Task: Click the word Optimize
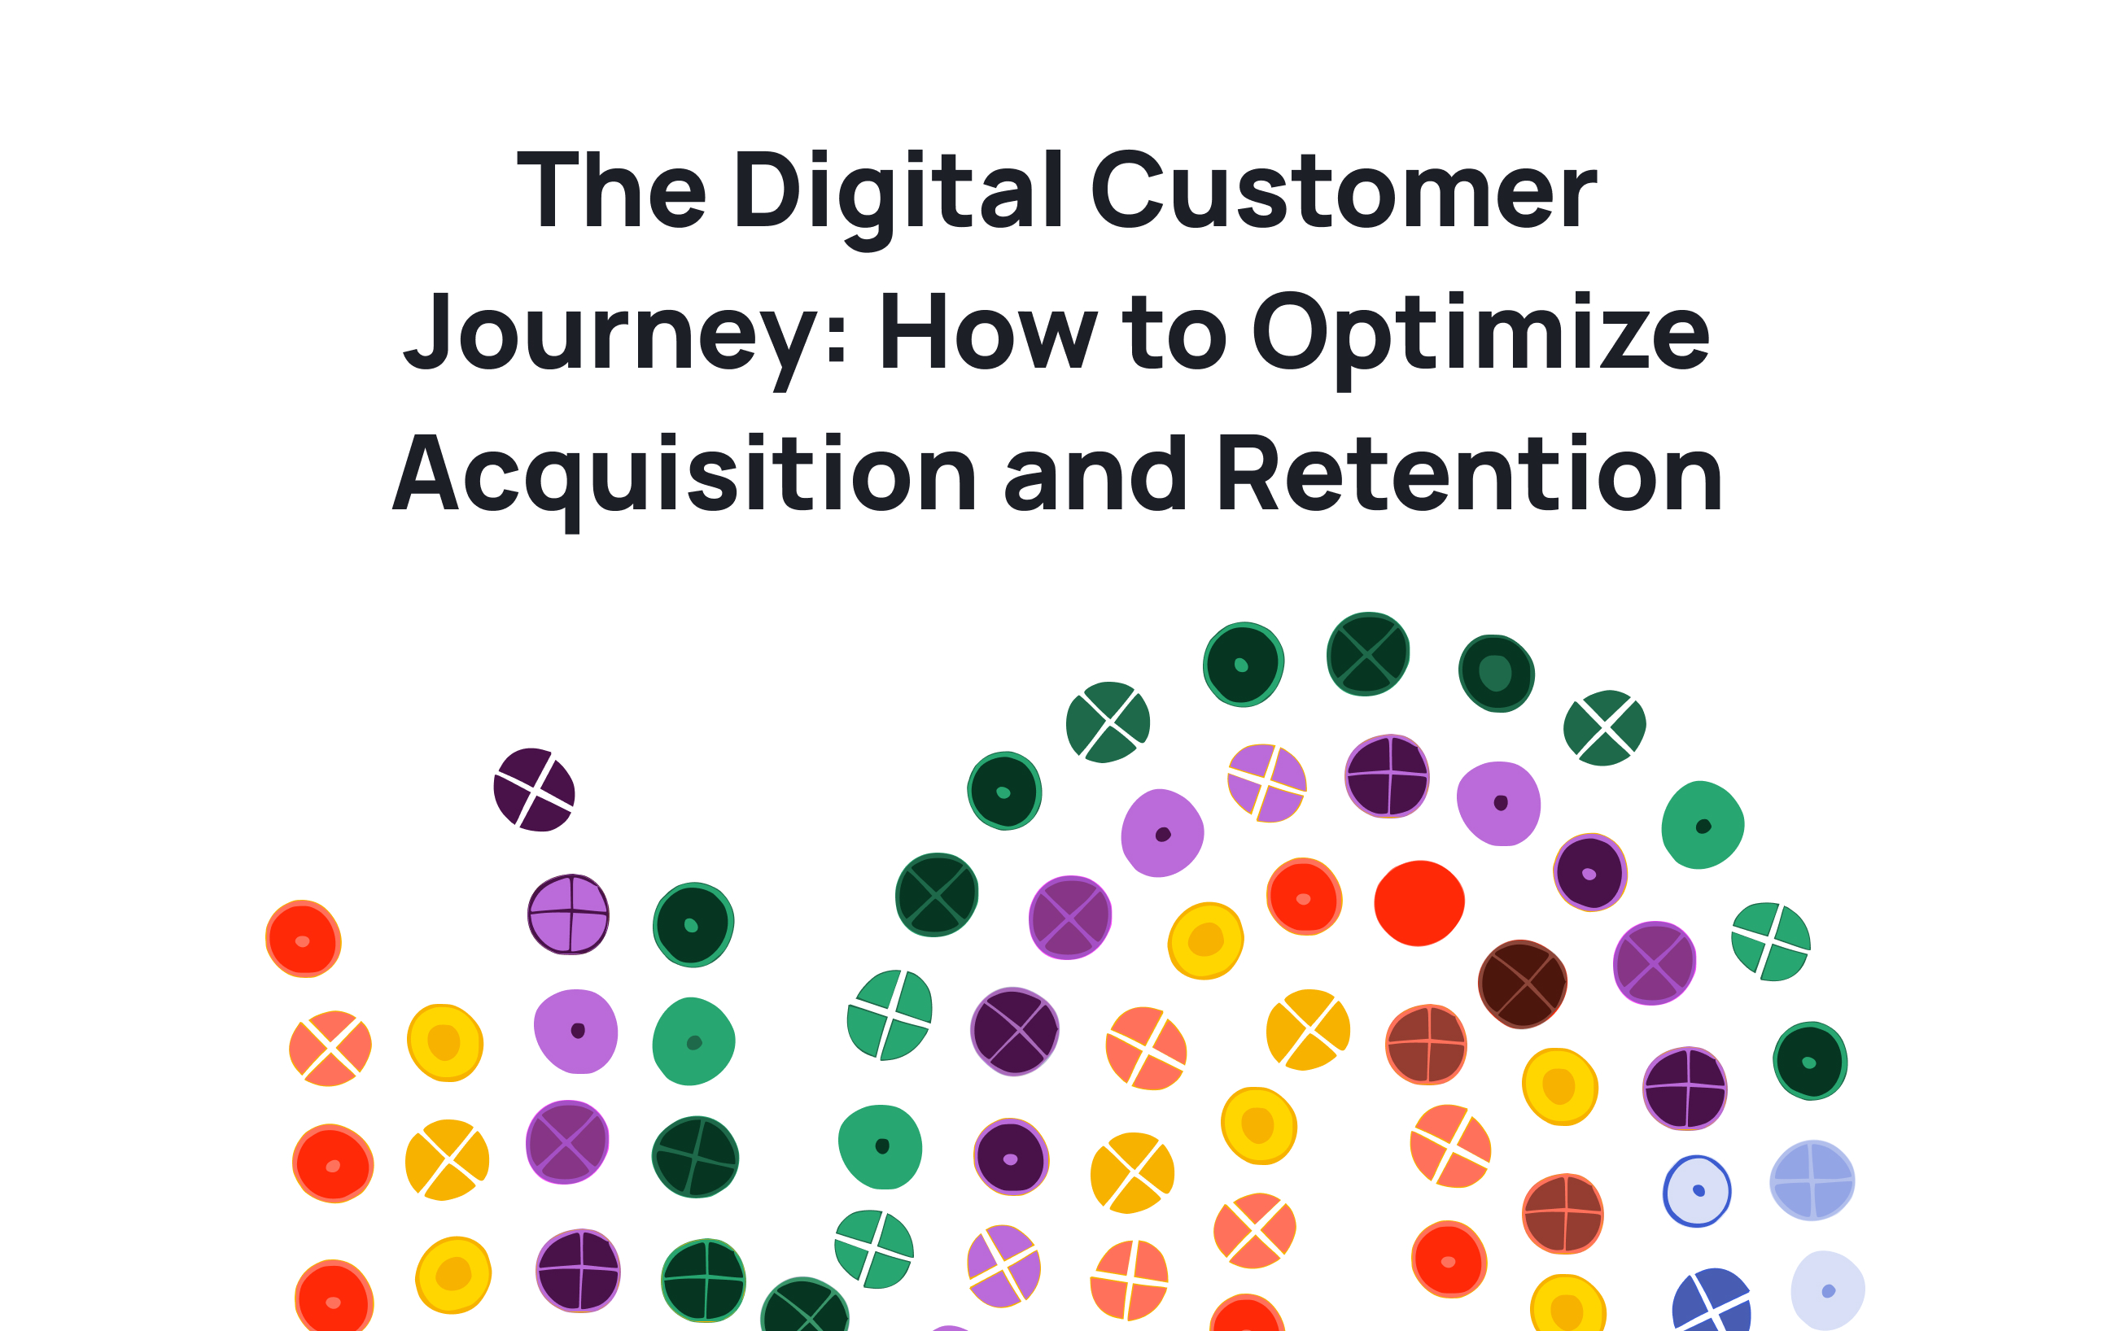pyautogui.click(x=1480, y=334)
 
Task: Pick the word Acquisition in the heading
pyautogui.click(x=684, y=474)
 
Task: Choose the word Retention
pyautogui.click(x=1469, y=474)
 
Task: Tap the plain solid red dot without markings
pyautogui.click(x=1419, y=903)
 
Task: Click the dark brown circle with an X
pyautogui.click(x=1522, y=984)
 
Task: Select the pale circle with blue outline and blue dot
pyautogui.click(x=1697, y=1191)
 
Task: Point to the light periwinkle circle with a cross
pyautogui.click(x=1812, y=1180)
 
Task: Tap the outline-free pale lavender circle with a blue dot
pyautogui.click(x=1828, y=1290)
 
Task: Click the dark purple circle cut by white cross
pyautogui.click(x=534, y=790)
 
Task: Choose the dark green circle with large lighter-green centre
pyautogui.click(x=1497, y=674)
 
